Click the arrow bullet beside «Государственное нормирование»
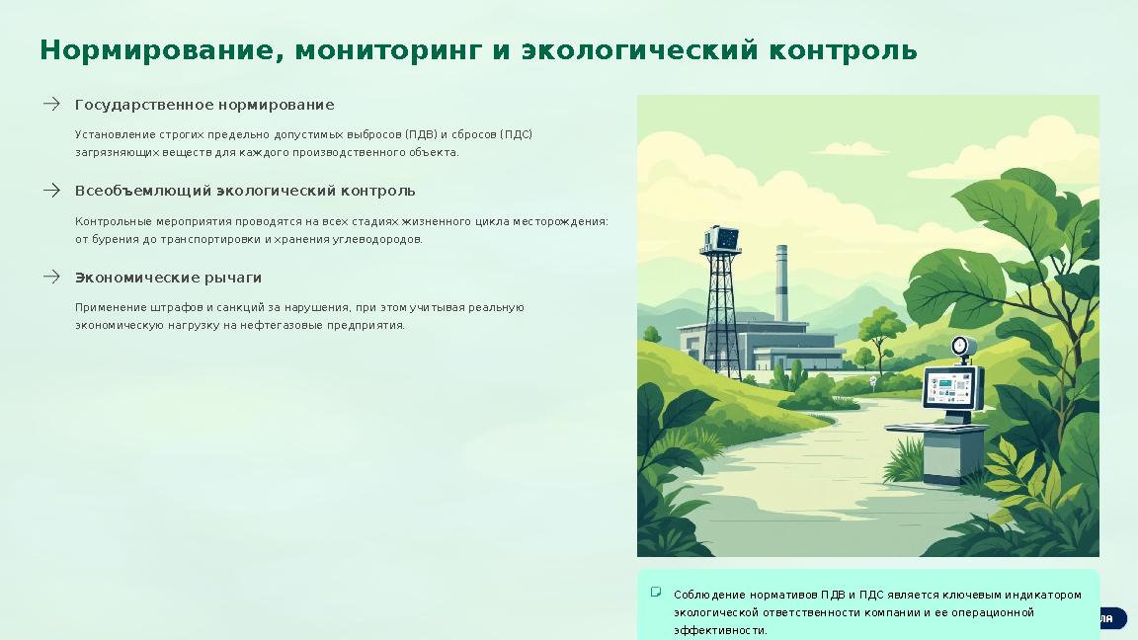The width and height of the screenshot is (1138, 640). pyautogui.click(x=51, y=104)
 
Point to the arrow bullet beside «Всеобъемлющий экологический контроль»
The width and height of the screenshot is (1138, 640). pyautogui.click(x=51, y=190)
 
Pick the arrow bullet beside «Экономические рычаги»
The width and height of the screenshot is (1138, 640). pyautogui.click(x=51, y=277)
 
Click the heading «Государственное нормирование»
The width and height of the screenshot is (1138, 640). pyautogui.click(x=204, y=105)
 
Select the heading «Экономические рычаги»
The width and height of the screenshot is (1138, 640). pyautogui.click(x=168, y=278)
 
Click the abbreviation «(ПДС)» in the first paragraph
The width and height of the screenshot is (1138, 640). pyautogui.click(x=516, y=134)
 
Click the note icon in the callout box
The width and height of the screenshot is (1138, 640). pyautogui.click(x=656, y=593)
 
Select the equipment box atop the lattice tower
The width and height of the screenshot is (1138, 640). pyautogui.click(x=720, y=240)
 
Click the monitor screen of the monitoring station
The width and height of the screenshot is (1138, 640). pyautogui.click(x=948, y=387)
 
